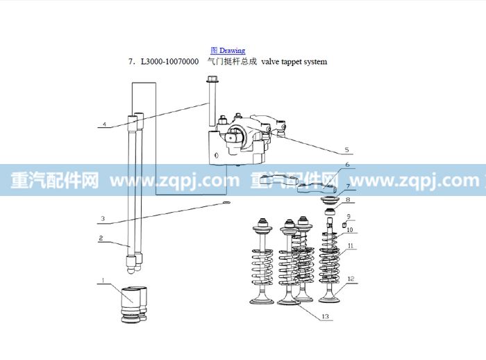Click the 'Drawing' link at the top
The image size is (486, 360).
pos(232,51)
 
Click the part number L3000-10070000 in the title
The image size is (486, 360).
pos(170,62)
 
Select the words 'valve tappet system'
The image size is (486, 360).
pos(294,62)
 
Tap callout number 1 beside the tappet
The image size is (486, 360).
pos(103,281)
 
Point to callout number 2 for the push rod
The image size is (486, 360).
pos(101,238)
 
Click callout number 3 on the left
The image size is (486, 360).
pos(103,218)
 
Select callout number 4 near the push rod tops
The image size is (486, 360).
pos(104,124)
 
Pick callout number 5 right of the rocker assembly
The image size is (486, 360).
pos(347,150)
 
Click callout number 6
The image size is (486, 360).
pos(347,165)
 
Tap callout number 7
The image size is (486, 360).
pos(348,186)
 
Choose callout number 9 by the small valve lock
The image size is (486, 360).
pos(349,217)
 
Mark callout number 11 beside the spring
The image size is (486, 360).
pos(351,246)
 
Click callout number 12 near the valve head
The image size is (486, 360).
pos(351,279)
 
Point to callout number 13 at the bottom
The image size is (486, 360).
pos(325,316)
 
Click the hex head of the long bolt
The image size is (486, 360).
pos(212,79)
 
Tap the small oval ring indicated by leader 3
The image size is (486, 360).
pos(226,203)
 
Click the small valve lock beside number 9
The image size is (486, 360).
pos(344,224)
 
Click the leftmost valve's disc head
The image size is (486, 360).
pos(262,300)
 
